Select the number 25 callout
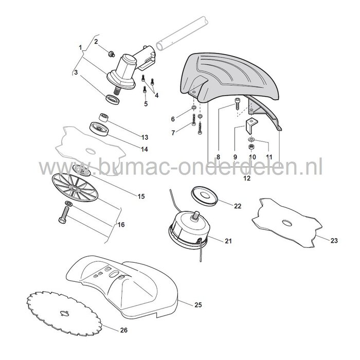pos(199,305)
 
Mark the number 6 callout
pos(173,119)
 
